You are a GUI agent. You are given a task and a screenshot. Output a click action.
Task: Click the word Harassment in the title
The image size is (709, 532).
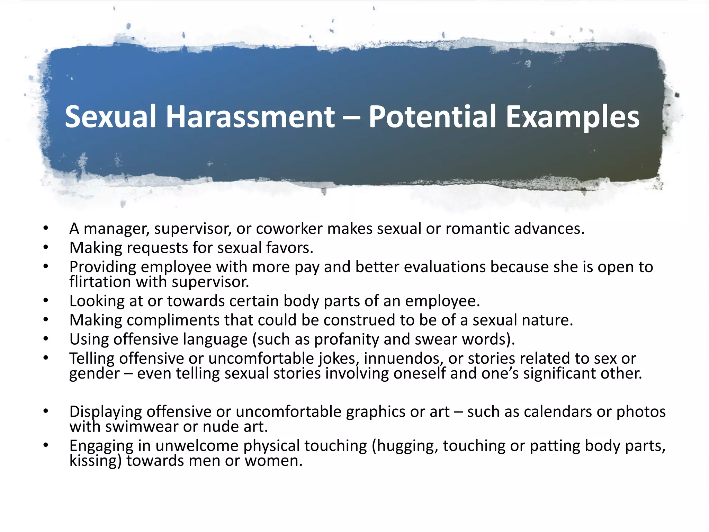click(x=250, y=117)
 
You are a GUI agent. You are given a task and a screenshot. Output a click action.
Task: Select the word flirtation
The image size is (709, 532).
click(x=100, y=282)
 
